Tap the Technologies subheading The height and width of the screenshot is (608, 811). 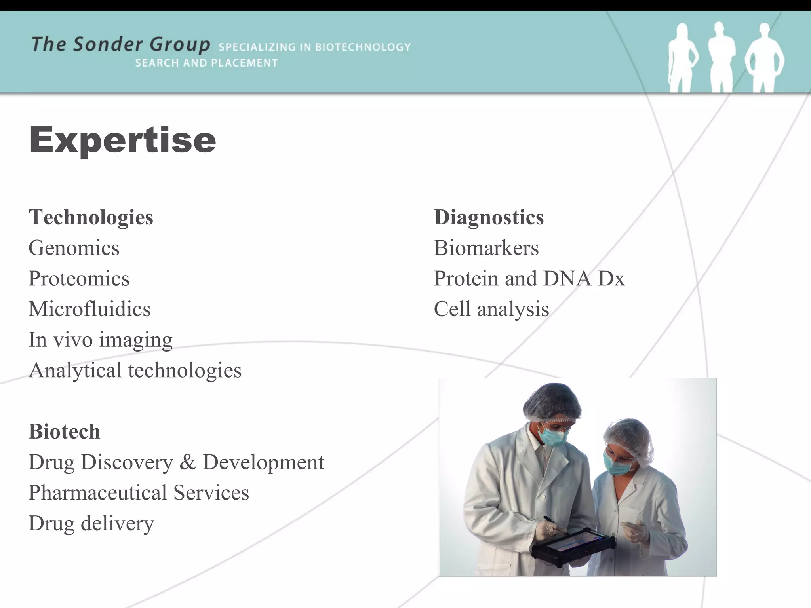click(x=91, y=217)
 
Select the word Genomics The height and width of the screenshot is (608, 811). click(x=74, y=248)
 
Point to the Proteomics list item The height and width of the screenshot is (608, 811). click(x=79, y=279)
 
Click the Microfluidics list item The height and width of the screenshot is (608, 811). click(x=89, y=309)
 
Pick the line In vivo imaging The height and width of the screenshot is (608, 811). click(x=101, y=340)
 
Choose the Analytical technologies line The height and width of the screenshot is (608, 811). click(x=135, y=370)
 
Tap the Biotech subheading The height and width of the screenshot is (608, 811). click(x=65, y=431)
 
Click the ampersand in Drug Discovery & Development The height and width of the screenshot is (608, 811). click(x=187, y=462)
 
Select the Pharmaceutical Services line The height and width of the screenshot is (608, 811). click(x=139, y=493)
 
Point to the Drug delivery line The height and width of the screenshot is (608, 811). click(x=91, y=523)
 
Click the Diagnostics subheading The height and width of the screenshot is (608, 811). click(x=489, y=217)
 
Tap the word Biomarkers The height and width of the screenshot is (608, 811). click(x=486, y=248)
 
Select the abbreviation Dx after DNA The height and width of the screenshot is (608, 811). click(x=611, y=279)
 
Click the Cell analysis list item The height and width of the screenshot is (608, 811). click(x=491, y=309)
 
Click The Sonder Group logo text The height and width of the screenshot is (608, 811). click(x=121, y=44)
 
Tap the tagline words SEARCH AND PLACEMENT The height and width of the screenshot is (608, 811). click(x=206, y=63)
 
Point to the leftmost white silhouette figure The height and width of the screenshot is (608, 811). click(x=682, y=57)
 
